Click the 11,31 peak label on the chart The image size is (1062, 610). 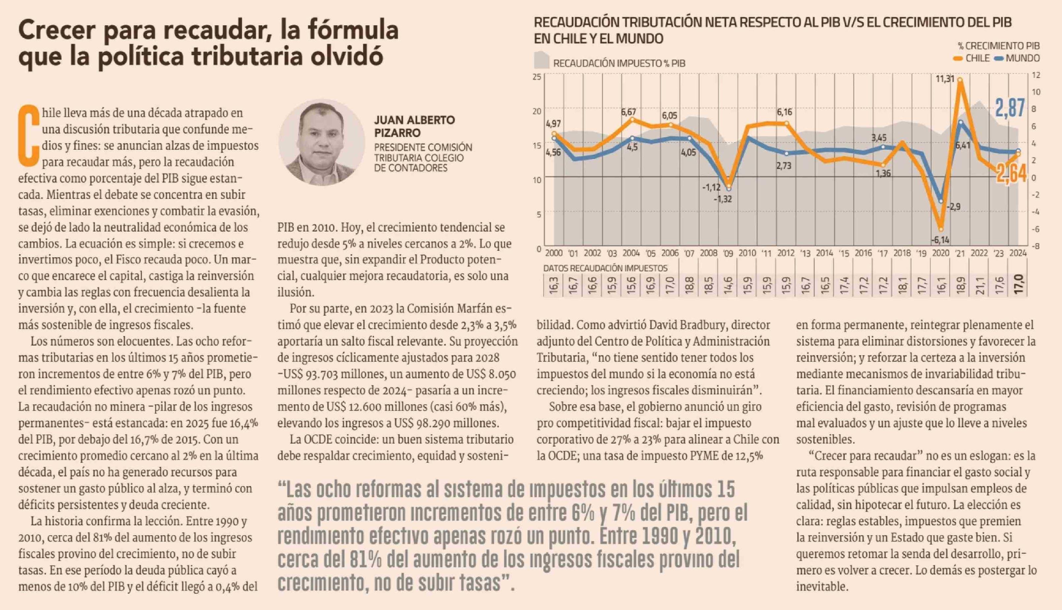click(945, 79)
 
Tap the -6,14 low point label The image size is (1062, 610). click(940, 240)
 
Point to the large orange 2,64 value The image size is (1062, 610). click(1011, 173)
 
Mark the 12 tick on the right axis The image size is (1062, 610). click(1036, 75)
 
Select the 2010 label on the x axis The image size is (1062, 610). click(747, 253)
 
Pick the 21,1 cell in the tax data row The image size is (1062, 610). click(980, 285)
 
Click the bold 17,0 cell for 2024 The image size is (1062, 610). click(1019, 285)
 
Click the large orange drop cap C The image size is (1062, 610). click(28, 135)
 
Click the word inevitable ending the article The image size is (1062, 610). click(822, 587)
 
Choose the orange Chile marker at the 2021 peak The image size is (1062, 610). click(960, 80)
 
